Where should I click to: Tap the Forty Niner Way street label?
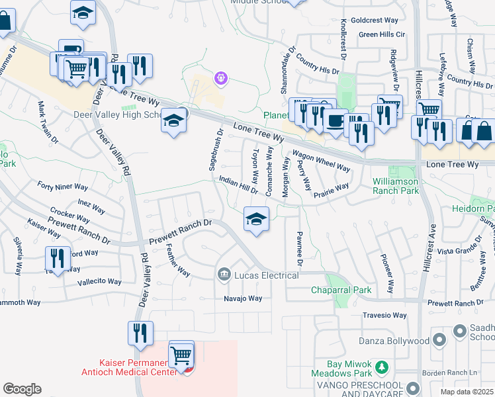click(62, 187)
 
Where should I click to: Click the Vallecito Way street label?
click(99, 281)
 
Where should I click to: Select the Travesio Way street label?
click(384, 316)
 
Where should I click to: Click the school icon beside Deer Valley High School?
click(173, 121)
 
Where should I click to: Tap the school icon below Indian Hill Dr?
click(256, 219)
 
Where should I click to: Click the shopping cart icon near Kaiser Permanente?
click(181, 355)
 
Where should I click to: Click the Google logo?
click(22, 389)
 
